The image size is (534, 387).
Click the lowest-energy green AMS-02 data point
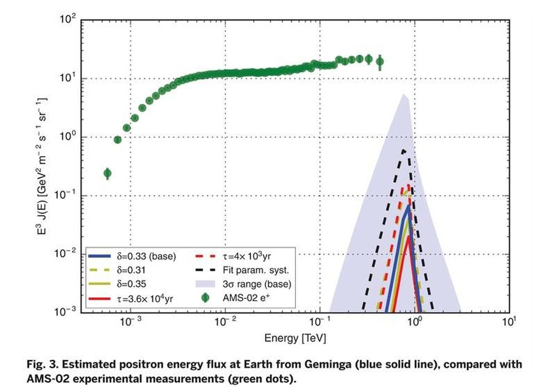tap(107, 174)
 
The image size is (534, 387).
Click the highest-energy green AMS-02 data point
tap(380, 62)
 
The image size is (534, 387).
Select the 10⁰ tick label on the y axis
tap(67, 138)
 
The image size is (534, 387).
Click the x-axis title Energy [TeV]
tap(295, 338)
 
